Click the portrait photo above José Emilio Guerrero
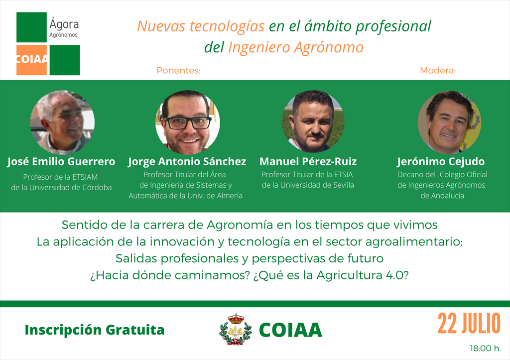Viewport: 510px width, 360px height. pyautogui.click(x=62, y=122)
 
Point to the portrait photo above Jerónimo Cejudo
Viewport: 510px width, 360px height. pyautogui.click(x=449, y=122)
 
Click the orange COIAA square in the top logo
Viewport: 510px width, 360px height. pyautogui.click(x=31, y=60)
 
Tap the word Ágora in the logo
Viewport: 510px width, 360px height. pyautogui.click(x=64, y=23)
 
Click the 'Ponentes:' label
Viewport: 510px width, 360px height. pyautogui.click(x=178, y=71)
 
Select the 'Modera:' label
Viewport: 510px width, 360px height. pyautogui.click(x=438, y=71)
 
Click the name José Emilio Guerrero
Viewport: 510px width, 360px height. pyautogui.click(x=61, y=162)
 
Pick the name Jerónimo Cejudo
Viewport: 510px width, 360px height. pyautogui.click(x=441, y=162)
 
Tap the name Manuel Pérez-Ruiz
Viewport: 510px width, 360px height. pyautogui.click(x=308, y=162)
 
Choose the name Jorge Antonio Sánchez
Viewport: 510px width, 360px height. pyautogui.click(x=187, y=162)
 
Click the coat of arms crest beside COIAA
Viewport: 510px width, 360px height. pyautogui.click(x=236, y=329)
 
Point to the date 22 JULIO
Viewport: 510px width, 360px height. pyautogui.click(x=469, y=324)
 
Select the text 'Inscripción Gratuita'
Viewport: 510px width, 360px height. pyautogui.click(x=95, y=330)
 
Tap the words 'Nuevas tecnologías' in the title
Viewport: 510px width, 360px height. pyautogui.click(x=201, y=26)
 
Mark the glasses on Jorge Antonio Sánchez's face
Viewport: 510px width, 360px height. pyautogui.click(x=188, y=122)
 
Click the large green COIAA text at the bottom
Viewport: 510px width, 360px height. pyautogui.click(x=290, y=330)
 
